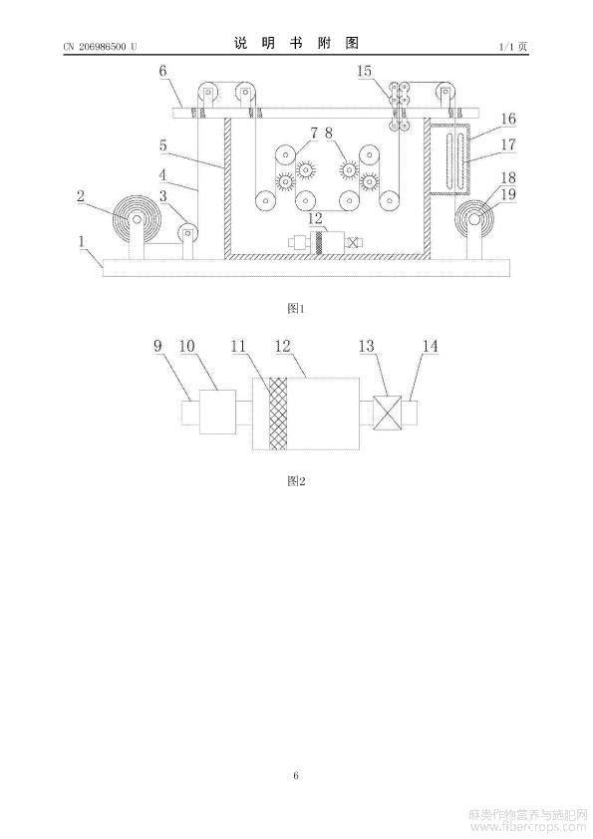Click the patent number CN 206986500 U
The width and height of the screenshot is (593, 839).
coord(100,47)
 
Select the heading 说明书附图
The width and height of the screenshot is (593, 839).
coord(296,43)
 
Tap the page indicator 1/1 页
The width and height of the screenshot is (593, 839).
coord(512,47)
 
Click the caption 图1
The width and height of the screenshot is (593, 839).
coord(296,308)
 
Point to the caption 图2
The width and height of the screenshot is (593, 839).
coord(296,481)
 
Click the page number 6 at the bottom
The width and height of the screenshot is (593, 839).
coord(296,775)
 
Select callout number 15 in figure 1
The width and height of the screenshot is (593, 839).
coord(365,72)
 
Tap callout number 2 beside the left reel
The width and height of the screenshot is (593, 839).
coord(81,196)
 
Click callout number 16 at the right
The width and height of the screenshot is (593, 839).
coord(508,119)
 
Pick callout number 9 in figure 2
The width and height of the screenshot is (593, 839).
coord(157,346)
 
